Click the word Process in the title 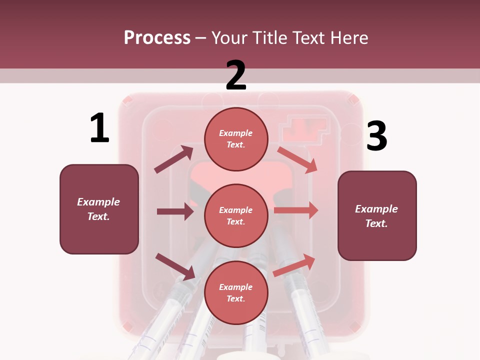[x=157, y=38]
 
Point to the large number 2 [x=236, y=75]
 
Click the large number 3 [x=376, y=136]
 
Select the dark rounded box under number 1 [x=99, y=209]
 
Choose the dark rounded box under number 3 [x=377, y=215]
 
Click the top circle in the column [x=236, y=138]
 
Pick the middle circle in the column [x=236, y=215]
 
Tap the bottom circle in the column [x=236, y=292]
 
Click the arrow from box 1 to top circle [x=174, y=159]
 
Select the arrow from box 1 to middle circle [x=175, y=211]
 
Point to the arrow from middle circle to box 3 [x=296, y=210]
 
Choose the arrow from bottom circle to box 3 [x=294, y=265]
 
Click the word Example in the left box [x=98, y=202]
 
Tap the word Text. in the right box [x=376, y=223]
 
